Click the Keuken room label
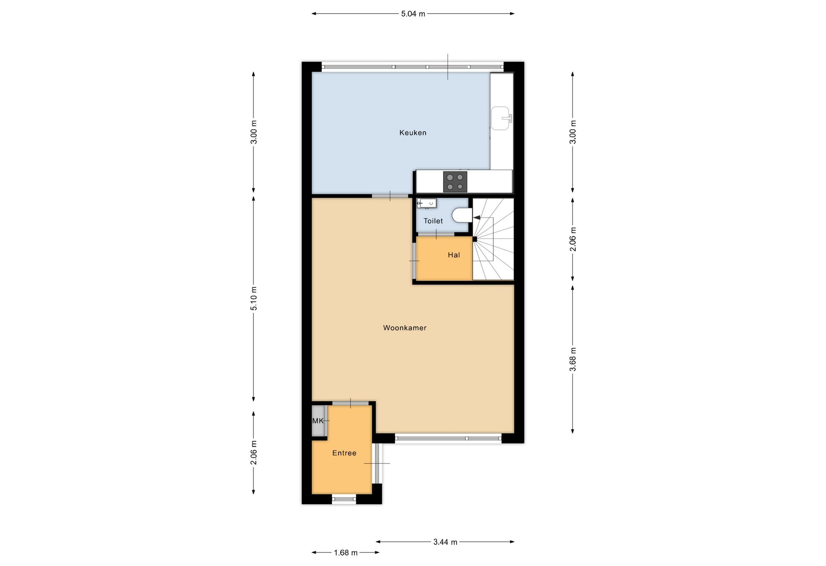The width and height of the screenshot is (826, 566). pos(413,133)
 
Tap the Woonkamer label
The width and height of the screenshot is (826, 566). pos(405,328)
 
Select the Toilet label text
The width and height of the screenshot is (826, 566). pos(433,221)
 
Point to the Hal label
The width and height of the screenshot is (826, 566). pos(454,255)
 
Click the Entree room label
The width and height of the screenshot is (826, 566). pos(344,453)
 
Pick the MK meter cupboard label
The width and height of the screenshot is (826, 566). pos(318,421)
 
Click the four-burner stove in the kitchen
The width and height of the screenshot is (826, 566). pos(455,182)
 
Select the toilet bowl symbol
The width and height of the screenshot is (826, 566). pos(462,215)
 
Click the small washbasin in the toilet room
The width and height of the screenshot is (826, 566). pos(427,203)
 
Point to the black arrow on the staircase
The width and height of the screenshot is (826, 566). pos(477,218)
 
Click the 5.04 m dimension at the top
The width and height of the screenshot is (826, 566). pos(413,14)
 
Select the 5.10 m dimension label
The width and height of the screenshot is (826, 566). pos(254,298)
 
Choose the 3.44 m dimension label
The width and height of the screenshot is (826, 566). pos(445,542)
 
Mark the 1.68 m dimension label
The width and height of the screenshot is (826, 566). pos(346,553)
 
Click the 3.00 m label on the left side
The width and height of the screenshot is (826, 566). pos(254,132)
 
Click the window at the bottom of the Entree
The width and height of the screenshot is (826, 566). pos(344,499)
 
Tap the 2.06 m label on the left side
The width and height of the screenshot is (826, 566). pos(254,452)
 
